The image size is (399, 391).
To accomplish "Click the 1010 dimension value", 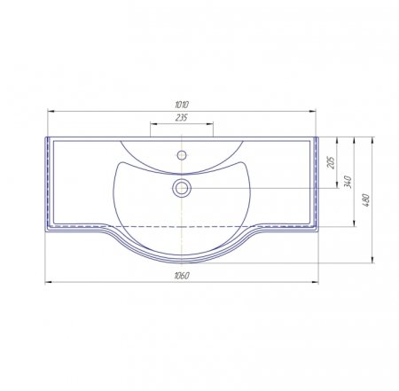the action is point(182,105).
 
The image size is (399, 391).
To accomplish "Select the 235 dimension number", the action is point(182,118).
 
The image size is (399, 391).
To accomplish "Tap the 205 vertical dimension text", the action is point(332,162).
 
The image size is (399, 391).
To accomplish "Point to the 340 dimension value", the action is point(348,182).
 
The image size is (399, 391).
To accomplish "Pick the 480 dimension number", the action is point(365,200).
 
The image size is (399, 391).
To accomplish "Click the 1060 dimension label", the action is point(182,276).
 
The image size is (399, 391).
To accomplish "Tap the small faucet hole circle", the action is point(182,155).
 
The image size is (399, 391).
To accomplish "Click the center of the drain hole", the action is point(182,188).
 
